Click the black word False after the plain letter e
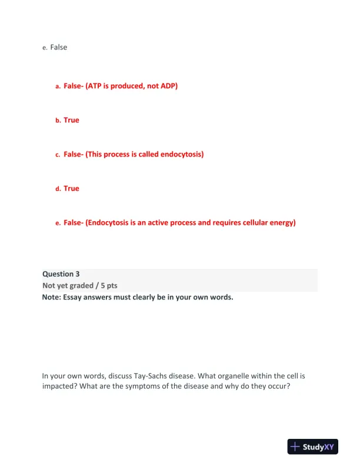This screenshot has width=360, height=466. [x=58, y=47]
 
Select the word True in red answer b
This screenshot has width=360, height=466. [x=71, y=120]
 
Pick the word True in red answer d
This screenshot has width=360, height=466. [x=71, y=188]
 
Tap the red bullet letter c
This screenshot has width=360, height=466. [x=58, y=155]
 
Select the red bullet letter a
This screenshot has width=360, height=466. [x=58, y=86]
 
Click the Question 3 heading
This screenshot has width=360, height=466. [x=61, y=274]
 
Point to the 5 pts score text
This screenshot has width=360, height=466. [x=108, y=285]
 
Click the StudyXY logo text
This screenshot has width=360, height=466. [x=321, y=447]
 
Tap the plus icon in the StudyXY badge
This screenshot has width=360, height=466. [x=296, y=447]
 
